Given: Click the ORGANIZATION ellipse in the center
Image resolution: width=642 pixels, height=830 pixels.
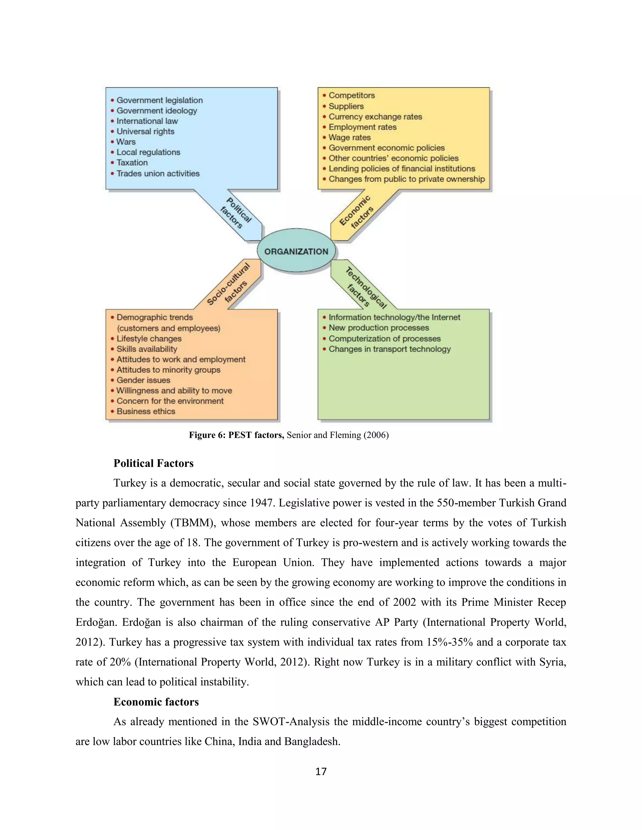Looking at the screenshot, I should [x=296, y=251].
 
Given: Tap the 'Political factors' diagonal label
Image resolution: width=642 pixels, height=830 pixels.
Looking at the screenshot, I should [x=236, y=213].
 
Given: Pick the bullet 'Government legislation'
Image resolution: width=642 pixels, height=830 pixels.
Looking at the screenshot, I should [x=159, y=100].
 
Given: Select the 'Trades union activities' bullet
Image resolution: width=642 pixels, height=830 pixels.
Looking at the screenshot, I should [x=158, y=173].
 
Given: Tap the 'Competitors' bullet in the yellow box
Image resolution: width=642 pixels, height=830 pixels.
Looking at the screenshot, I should [x=351, y=96].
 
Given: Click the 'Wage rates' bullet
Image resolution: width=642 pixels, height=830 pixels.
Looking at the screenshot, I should [x=349, y=137].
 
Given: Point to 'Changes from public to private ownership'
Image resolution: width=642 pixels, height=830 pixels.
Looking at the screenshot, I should [x=406, y=179].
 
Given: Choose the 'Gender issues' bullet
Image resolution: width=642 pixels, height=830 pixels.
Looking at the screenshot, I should [x=143, y=380].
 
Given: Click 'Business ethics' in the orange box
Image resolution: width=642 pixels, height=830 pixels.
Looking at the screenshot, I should [x=146, y=411].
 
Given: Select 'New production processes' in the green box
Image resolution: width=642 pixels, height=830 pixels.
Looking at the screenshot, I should [x=378, y=328].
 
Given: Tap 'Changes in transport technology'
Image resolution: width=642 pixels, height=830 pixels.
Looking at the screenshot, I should [x=389, y=349].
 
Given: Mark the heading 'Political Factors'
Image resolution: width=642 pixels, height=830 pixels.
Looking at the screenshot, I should [x=153, y=463].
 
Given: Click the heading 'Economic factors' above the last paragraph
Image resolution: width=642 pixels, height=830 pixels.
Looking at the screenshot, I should [x=156, y=702].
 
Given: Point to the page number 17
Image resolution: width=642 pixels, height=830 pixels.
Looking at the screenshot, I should [x=321, y=771].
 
